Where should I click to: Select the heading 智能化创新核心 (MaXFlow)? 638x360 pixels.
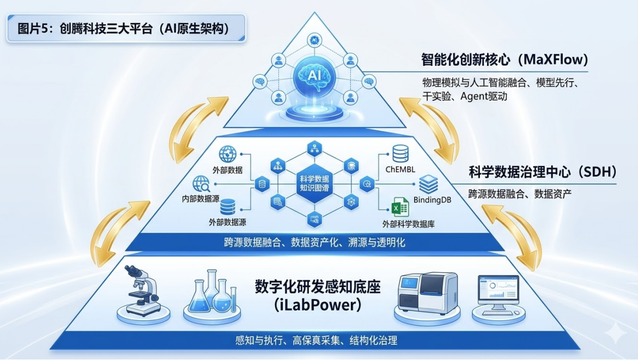click(505, 59)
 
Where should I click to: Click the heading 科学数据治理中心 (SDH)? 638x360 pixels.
click(543, 173)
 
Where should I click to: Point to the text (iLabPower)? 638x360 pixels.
click(318, 305)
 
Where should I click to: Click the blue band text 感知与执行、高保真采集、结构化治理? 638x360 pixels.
click(317, 341)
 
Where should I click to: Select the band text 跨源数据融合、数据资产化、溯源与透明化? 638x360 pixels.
click(314, 242)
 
